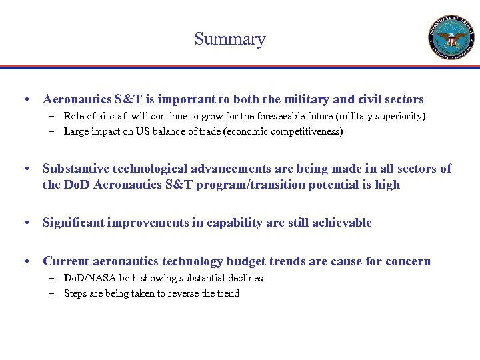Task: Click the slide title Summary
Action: point(230,39)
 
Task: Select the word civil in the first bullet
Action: point(369,99)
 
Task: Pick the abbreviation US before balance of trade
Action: point(143,131)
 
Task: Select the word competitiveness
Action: point(307,131)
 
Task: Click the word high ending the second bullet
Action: point(387,185)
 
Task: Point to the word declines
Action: point(244,278)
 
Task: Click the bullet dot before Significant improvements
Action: point(24,223)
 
